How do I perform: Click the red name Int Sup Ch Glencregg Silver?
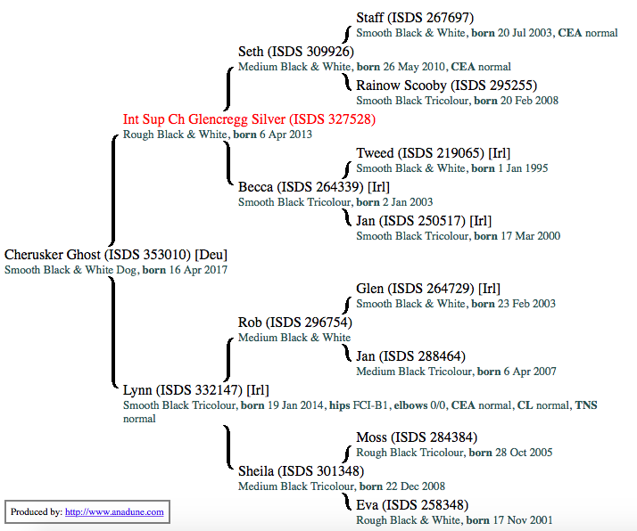pyautogui.click(x=249, y=119)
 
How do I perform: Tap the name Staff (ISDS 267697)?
pyautogui.click(x=414, y=18)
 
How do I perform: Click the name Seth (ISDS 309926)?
pyautogui.click(x=296, y=52)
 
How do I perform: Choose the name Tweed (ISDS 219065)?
pyautogui.click(x=433, y=153)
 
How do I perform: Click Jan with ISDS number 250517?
pyautogui.click(x=424, y=221)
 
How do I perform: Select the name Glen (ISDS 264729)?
pyautogui.click(x=427, y=289)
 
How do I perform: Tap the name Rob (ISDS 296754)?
pyautogui.click(x=294, y=323)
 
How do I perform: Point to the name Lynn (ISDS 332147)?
pyautogui.click(x=195, y=390)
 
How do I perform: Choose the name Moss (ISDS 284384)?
pyautogui.click(x=417, y=437)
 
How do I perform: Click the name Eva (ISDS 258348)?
pyautogui.click(x=411, y=505)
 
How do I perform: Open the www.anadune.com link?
pyautogui.click(x=114, y=512)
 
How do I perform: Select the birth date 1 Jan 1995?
pyautogui.click(x=523, y=168)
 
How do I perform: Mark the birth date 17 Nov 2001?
pyautogui.click(x=522, y=520)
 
